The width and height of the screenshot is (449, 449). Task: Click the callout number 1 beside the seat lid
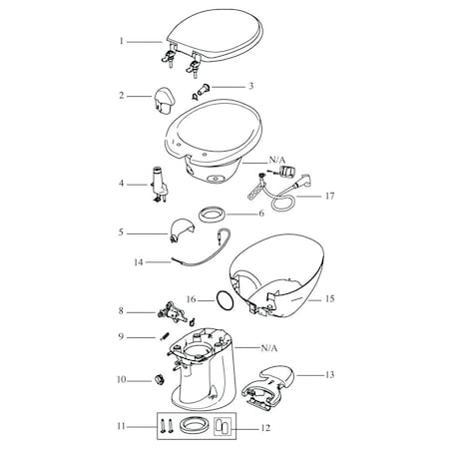(x=122, y=41)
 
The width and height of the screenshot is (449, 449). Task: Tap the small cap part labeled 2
(x=164, y=101)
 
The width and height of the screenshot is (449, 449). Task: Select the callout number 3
(x=251, y=86)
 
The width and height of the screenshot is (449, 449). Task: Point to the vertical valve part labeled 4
(x=159, y=185)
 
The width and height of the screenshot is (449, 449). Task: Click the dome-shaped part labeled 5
(x=182, y=229)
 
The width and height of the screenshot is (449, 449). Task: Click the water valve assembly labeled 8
(x=173, y=312)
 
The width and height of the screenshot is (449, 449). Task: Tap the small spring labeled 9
(x=164, y=336)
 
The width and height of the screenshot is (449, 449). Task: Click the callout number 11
(x=122, y=426)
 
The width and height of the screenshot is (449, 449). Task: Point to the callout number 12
(x=265, y=428)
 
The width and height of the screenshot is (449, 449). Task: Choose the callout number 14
(x=139, y=262)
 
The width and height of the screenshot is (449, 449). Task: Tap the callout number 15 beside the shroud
(x=329, y=298)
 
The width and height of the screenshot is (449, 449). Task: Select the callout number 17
(x=329, y=196)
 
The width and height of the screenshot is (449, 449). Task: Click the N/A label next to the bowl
(x=277, y=161)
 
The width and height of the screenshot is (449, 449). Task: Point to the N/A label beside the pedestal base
(x=269, y=348)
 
